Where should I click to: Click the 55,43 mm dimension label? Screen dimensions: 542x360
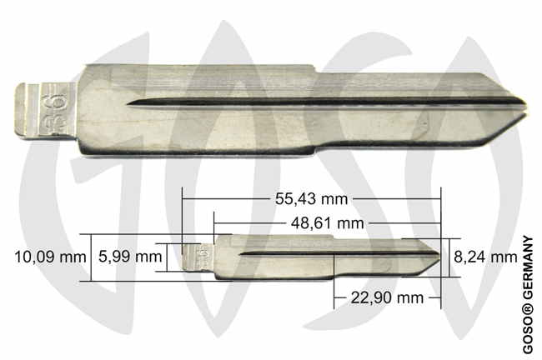point(312,199)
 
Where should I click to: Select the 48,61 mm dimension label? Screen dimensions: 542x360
point(328,223)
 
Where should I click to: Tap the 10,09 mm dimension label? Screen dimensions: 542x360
point(50,257)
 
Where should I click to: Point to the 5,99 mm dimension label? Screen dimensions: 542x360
point(130,257)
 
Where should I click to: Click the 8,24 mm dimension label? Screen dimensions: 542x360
point(485,257)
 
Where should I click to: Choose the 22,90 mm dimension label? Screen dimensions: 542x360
point(387,297)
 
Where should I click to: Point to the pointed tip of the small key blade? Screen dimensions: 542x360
point(440,257)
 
